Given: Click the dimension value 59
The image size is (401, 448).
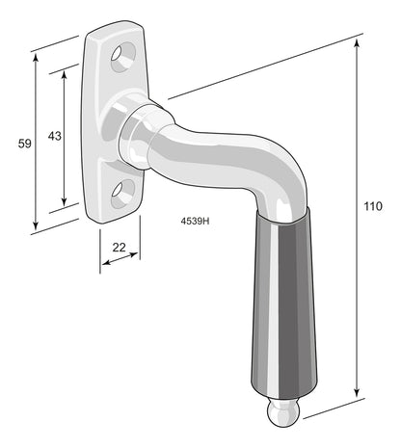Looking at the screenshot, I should [x=24, y=143].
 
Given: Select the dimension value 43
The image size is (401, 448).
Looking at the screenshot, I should [x=54, y=136].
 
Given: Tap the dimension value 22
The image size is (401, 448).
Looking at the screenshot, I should [x=119, y=247].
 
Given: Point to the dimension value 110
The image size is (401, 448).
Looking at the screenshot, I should [x=373, y=206].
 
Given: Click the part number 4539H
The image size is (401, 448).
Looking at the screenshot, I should [x=195, y=221].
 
